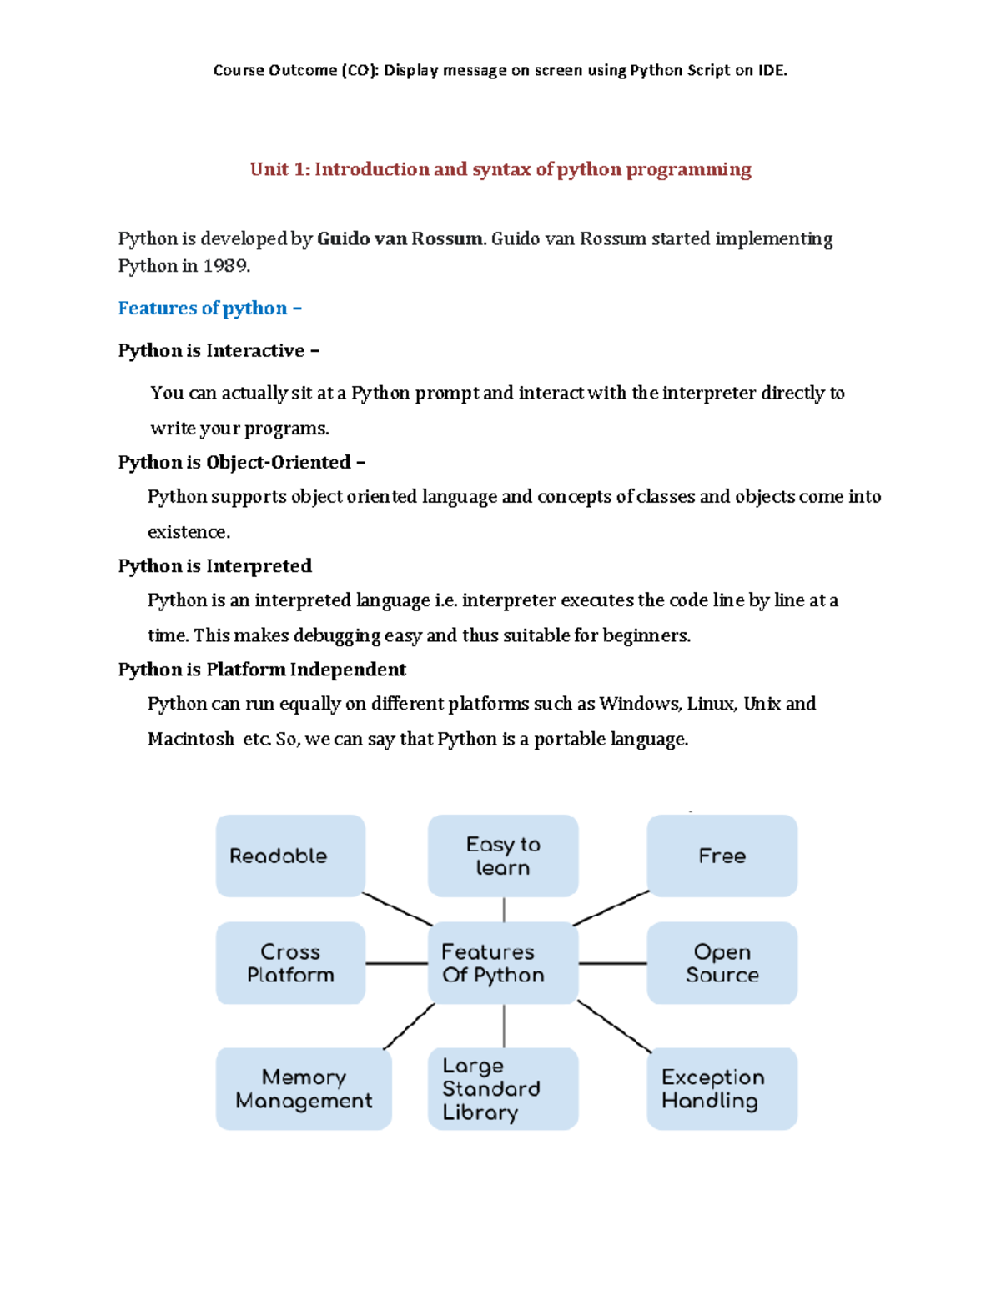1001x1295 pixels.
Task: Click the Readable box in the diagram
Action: [x=290, y=856]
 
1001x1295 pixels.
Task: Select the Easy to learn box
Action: [x=503, y=856]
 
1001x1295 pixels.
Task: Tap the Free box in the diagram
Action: [x=722, y=856]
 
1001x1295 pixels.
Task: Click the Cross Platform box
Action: [x=290, y=963]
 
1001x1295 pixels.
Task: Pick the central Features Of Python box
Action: [x=503, y=963]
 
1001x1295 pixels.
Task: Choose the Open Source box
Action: [x=722, y=963]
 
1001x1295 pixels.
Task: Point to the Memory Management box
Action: [x=304, y=1089]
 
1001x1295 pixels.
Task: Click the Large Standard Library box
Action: [x=503, y=1089]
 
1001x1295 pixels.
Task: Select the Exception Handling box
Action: [x=722, y=1089]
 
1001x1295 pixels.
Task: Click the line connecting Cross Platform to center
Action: [x=396, y=963]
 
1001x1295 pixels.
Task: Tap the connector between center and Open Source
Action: [x=612, y=963]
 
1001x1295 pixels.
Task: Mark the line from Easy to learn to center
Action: [x=504, y=909]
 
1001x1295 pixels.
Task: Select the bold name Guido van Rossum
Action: [x=400, y=239]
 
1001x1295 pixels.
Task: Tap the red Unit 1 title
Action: [x=500, y=169]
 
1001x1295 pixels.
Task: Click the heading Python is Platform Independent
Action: [x=262, y=670]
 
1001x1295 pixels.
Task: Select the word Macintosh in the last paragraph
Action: [x=190, y=740]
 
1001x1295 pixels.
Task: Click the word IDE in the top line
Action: [x=771, y=70]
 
